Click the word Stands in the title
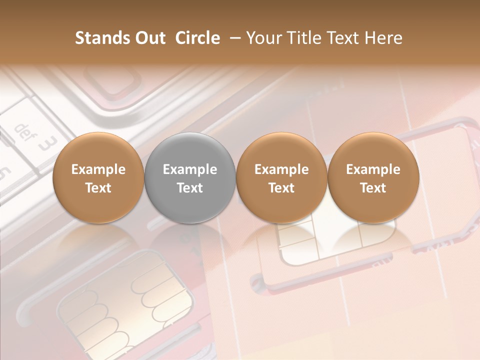(98, 38)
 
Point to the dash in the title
(233, 38)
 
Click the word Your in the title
(262, 38)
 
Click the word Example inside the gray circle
(190, 169)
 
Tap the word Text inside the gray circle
(190, 188)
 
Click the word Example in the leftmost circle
(98, 169)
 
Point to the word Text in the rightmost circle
(373, 188)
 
